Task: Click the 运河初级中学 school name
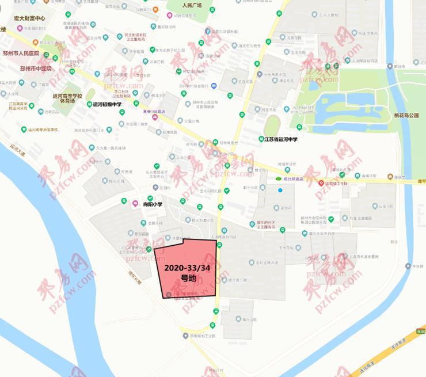tap(108, 104)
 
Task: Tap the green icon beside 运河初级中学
tap(89, 104)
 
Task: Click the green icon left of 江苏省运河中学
tap(260, 139)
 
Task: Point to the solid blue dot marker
tap(280, 191)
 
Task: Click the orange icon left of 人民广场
tap(156, 9)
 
